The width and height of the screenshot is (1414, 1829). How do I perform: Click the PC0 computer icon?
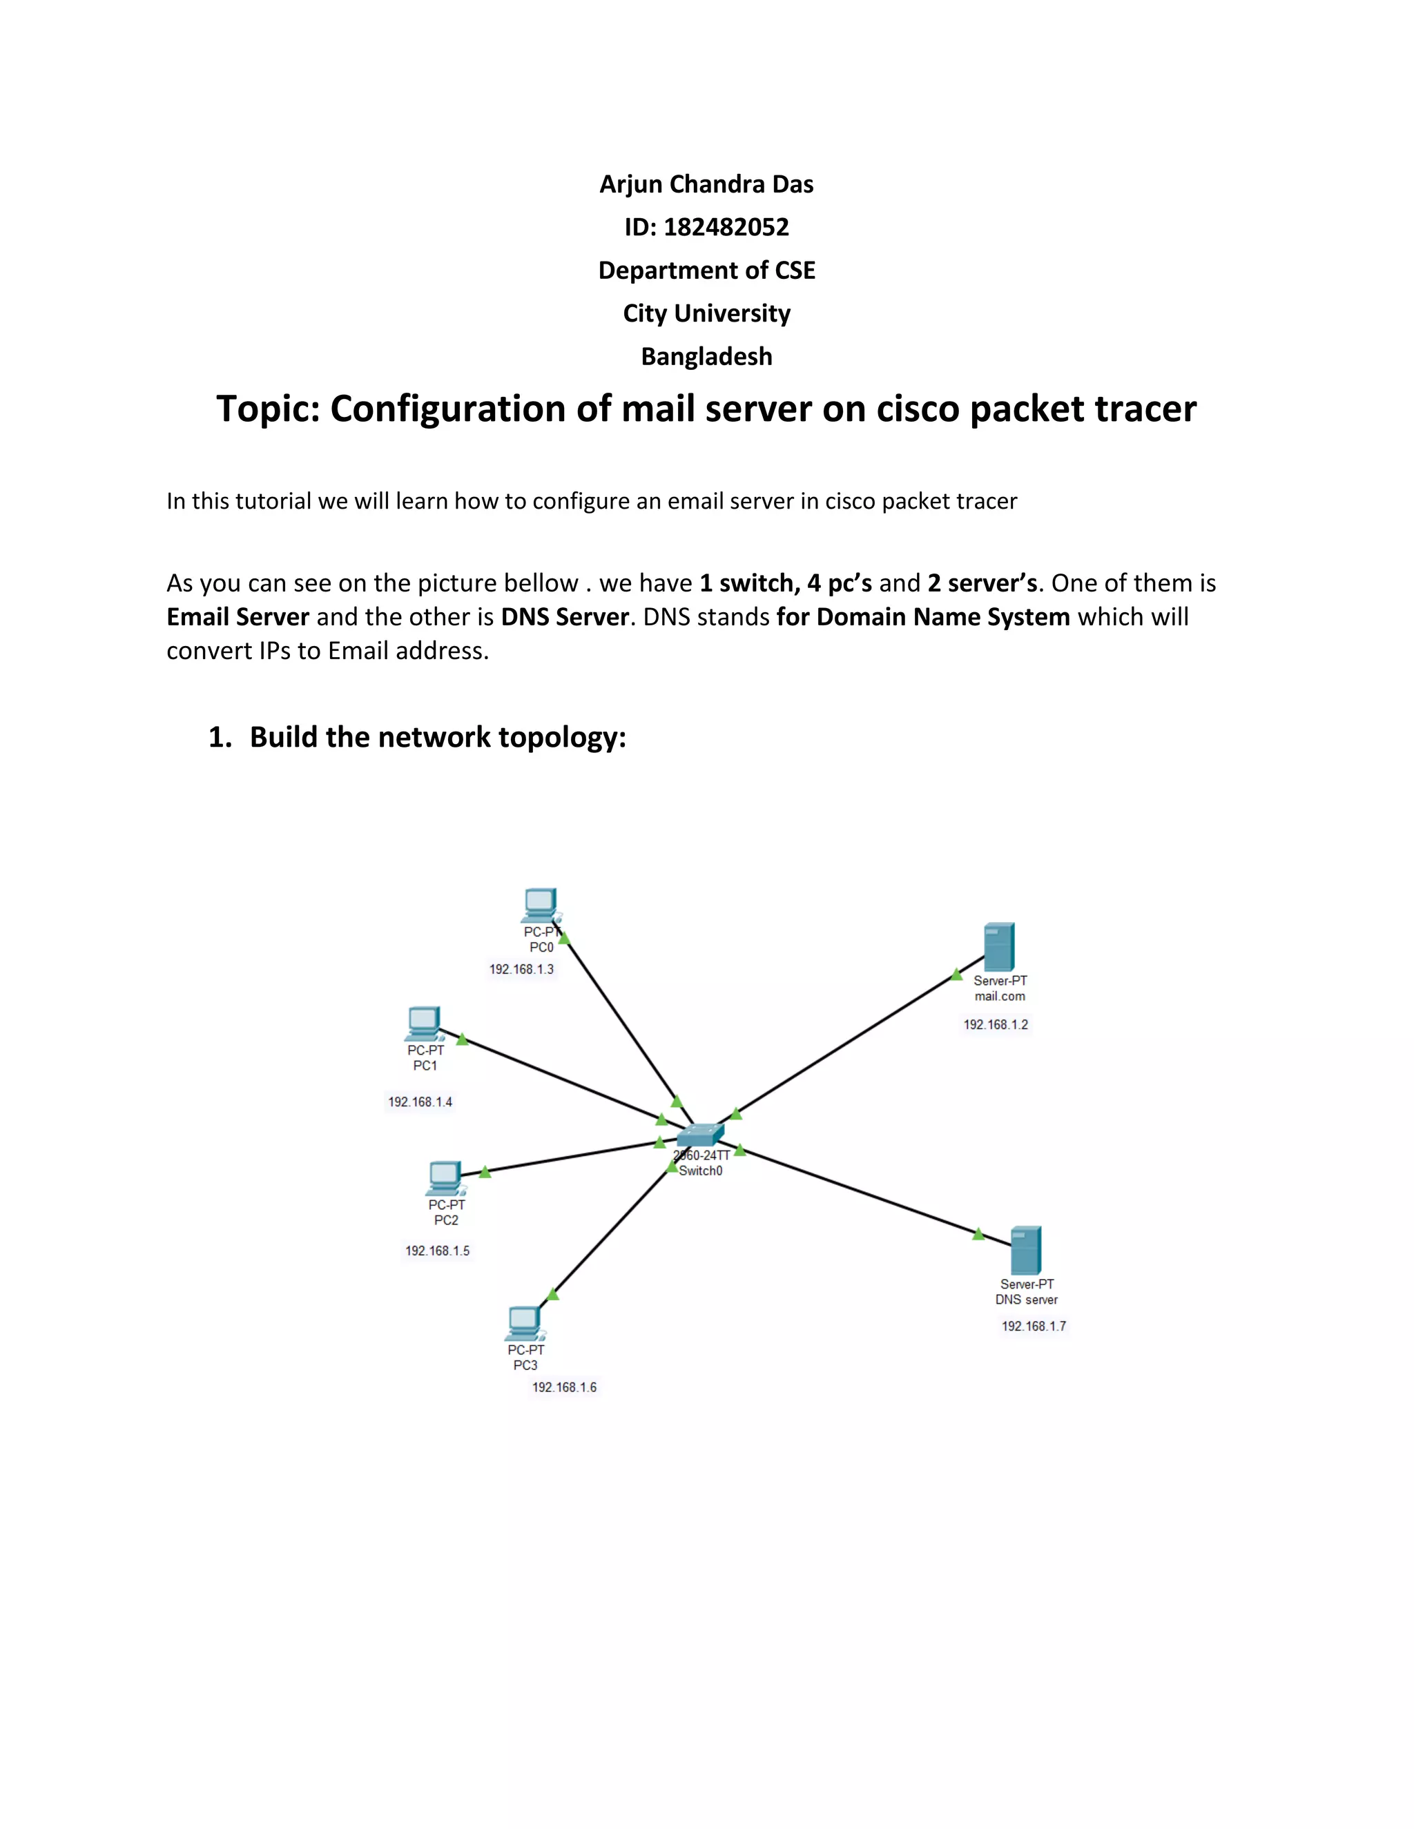coord(541,906)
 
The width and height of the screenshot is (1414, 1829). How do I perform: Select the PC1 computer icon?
coord(424,1024)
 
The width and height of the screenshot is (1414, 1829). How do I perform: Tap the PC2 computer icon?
coord(445,1178)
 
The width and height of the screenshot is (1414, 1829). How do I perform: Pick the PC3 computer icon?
coord(525,1323)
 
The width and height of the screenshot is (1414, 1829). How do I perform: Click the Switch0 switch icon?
coord(699,1135)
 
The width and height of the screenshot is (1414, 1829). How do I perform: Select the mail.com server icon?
coord(999,946)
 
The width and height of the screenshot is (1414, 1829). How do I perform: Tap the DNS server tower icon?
coord(1026,1251)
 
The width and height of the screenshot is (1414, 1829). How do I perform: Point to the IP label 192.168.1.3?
coord(521,969)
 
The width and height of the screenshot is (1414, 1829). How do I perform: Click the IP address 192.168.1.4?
coord(420,1102)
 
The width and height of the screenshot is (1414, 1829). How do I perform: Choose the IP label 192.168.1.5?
coord(437,1251)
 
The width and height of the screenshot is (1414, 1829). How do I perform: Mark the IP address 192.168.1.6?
coord(564,1388)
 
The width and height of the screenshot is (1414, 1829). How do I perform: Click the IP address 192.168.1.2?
coord(995,1024)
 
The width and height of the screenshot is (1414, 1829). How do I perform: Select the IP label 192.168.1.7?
coord(1034,1326)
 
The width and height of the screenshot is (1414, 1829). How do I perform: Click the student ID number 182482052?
coord(726,227)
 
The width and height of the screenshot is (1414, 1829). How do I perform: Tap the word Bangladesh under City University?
coord(706,357)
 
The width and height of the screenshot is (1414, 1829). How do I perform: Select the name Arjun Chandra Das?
coord(706,184)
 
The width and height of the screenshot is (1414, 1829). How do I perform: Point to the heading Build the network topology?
coord(437,737)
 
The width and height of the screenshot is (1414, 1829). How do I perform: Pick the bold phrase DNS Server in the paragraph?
coord(565,617)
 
